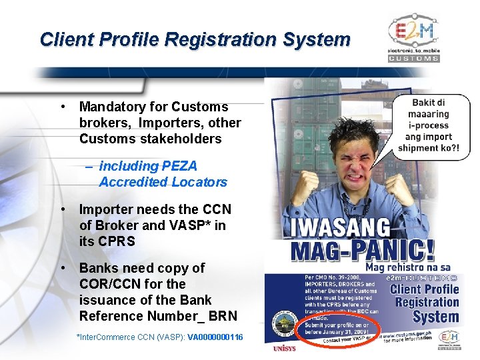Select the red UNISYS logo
pos(284,349)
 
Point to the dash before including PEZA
pos(89,166)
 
